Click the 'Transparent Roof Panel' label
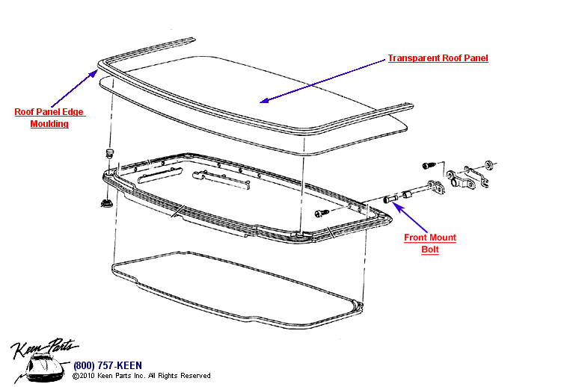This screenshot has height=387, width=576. pos(438,58)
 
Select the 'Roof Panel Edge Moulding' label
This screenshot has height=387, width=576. pos(49,118)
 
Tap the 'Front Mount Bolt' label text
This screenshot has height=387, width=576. pos(430,244)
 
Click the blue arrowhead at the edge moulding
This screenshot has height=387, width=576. pos(94,72)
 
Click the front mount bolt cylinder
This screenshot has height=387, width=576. pos(389,199)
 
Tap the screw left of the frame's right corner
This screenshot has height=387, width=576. pos(321,214)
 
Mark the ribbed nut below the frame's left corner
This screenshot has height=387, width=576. pos(105,202)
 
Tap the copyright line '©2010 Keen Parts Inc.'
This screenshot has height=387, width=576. pos(141,376)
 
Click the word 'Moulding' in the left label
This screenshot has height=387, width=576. pos(49,124)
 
